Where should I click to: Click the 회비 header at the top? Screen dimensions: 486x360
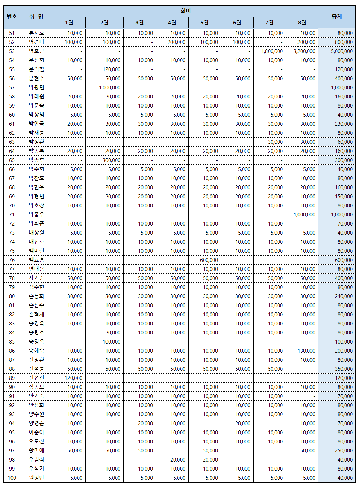pos(185,11)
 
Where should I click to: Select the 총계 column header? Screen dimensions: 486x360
pos(337,16)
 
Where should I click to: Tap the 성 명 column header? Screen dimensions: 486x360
pos(36,16)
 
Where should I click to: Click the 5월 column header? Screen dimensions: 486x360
pos(204,23)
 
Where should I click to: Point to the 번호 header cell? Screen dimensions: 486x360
pos(12,16)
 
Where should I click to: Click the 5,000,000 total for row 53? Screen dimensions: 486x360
pos(341,51)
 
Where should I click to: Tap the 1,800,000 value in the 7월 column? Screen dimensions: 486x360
pos(272,51)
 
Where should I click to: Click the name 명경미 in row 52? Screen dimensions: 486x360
pos(36,42)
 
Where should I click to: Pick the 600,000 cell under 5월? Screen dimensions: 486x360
pos(209,260)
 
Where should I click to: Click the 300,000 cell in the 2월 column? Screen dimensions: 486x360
pos(111,160)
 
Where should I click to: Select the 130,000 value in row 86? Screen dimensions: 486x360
pos(306,351)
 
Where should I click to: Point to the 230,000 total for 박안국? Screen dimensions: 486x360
pos(344,124)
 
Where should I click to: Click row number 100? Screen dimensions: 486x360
pos(12,478)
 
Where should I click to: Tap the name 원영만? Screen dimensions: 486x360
pos(36,478)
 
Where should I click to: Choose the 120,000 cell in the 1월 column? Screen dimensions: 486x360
pos(73,378)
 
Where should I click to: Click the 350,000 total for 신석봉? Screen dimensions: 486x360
pos(344,369)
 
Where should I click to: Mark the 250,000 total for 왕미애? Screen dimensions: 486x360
pos(344,451)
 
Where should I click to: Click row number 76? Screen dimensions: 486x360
pos(12,260)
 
